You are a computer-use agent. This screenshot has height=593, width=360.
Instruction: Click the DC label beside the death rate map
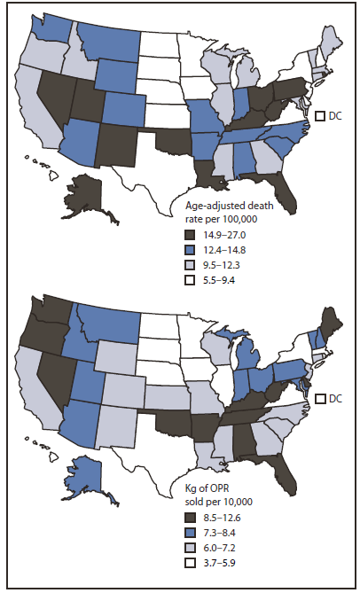[x=336, y=116]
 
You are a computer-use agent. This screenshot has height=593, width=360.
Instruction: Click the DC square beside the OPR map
[x=322, y=398]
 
